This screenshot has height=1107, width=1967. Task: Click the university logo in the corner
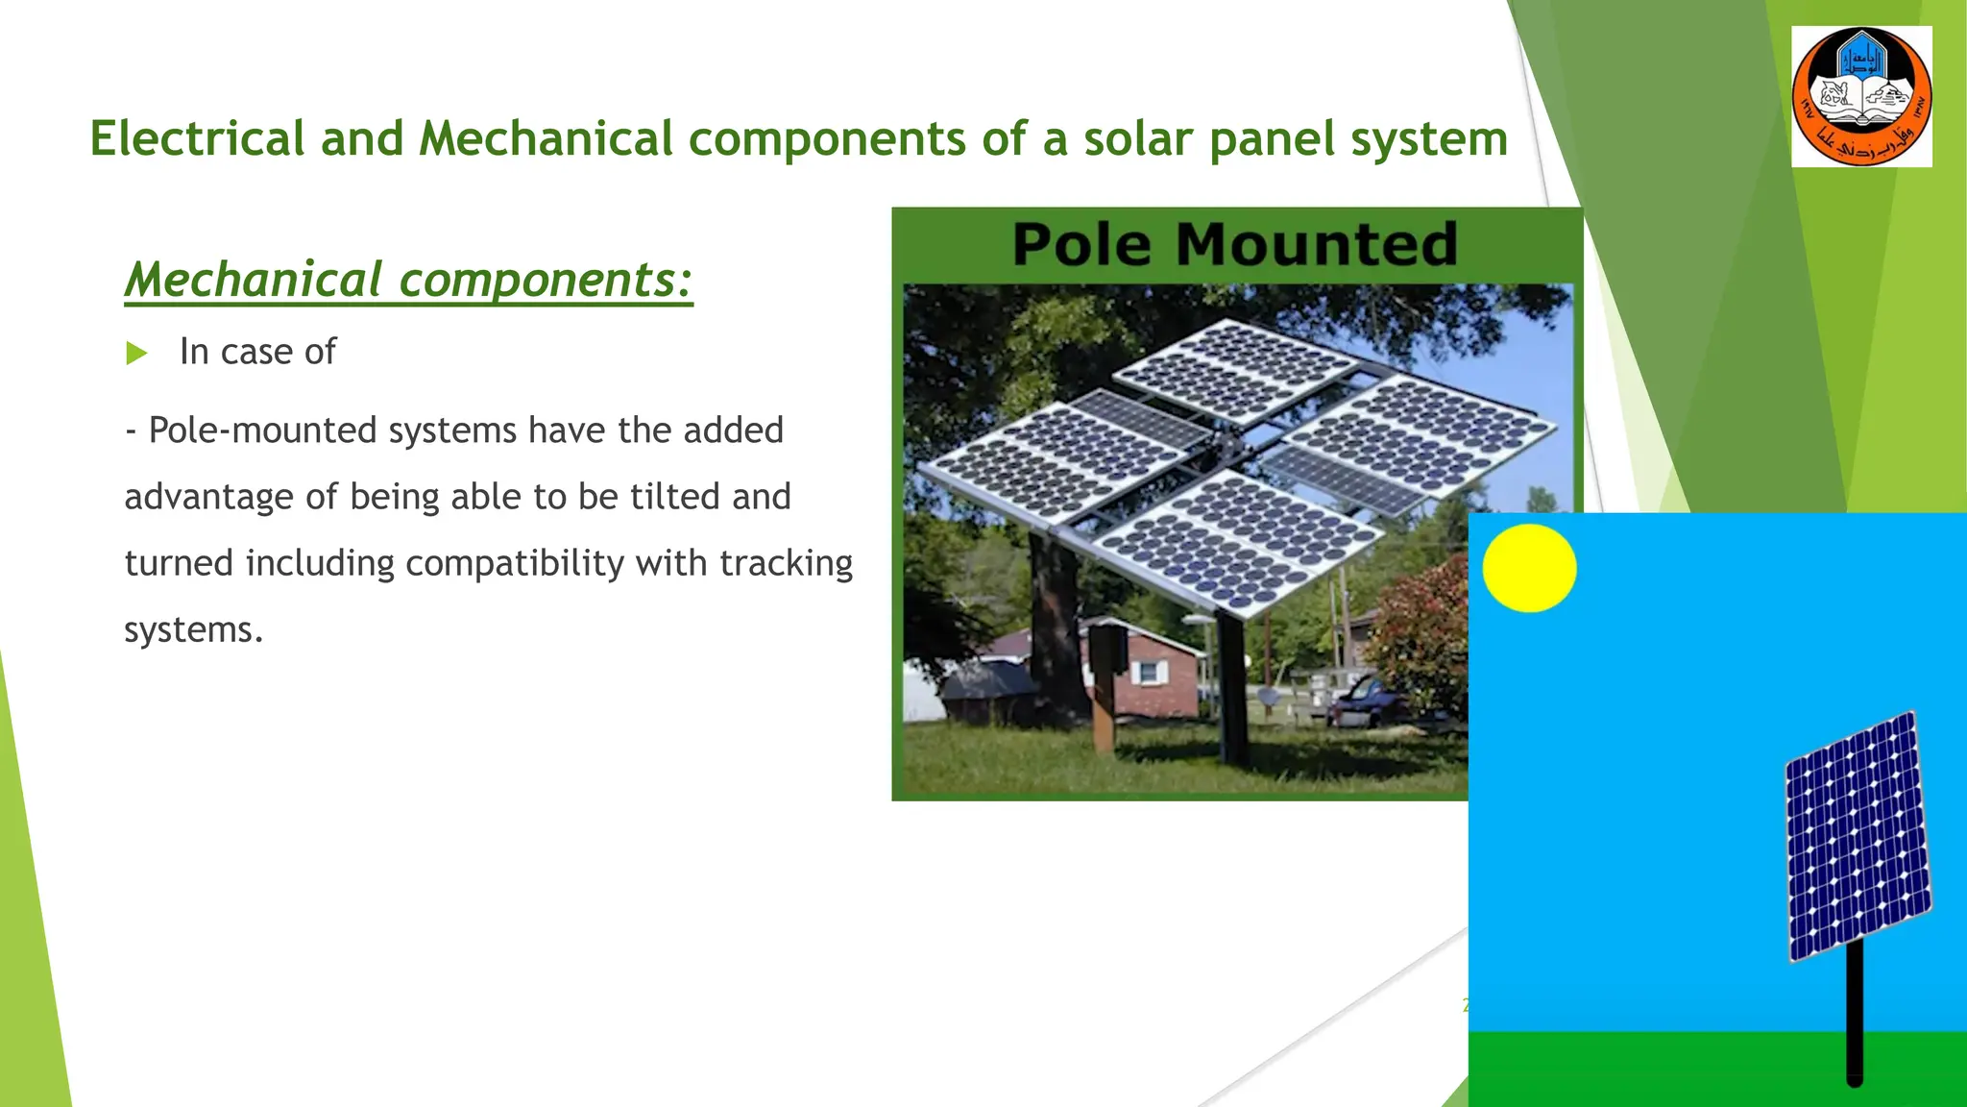[1861, 96]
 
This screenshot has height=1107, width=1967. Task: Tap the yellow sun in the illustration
[1529, 568]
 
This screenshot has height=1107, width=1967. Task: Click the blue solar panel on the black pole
[1857, 836]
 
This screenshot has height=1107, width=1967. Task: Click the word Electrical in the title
[197, 138]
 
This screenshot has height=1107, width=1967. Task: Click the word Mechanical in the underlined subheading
[254, 280]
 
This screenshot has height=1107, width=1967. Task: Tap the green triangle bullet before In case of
[136, 354]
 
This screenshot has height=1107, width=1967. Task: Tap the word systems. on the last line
[193, 630]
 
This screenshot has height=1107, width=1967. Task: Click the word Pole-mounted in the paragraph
[262, 430]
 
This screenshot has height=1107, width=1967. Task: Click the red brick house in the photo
[1153, 673]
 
